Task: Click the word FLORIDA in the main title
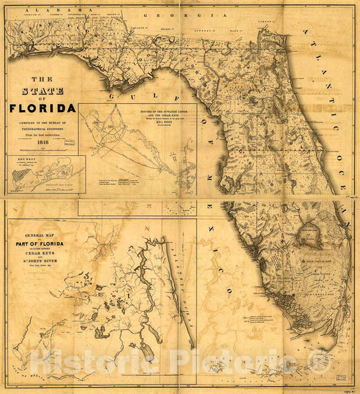click(42, 108)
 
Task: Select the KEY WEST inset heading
click(18, 160)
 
